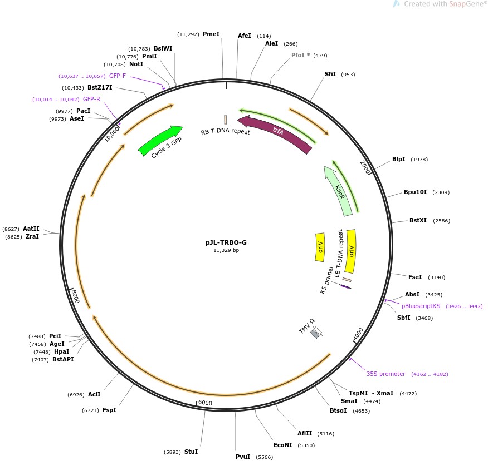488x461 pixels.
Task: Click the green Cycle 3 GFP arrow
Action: (160, 140)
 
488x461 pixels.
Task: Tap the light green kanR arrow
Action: (340, 190)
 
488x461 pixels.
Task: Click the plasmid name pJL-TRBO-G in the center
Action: (226, 242)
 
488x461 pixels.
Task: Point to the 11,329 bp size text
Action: (226, 250)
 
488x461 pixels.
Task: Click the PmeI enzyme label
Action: (211, 34)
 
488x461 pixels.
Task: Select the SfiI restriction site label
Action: (330, 74)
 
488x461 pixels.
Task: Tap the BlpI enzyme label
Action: (398, 159)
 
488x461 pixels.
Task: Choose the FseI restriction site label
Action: (415, 277)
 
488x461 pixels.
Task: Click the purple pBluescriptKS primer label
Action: (421, 306)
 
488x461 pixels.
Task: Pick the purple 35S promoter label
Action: (385, 374)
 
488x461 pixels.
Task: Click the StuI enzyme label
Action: (191, 452)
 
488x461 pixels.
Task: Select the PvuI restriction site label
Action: (243, 457)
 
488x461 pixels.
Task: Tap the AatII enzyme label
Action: (31, 229)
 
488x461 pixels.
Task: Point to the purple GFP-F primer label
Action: (118, 76)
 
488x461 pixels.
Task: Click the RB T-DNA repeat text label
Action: (226, 132)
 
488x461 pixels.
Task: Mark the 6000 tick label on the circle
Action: (205, 403)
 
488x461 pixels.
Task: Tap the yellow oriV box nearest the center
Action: (320, 247)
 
